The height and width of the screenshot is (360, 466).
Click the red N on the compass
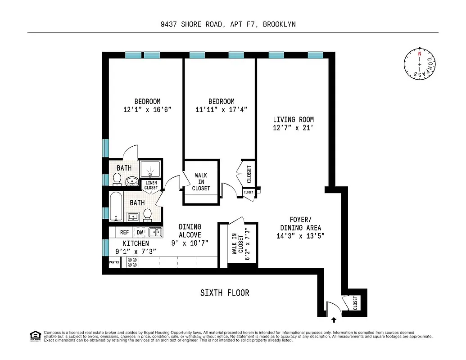click(x=420, y=54)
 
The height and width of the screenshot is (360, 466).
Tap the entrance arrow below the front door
click(x=333, y=320)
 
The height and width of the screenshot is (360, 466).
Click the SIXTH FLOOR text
click(x=225, y=293)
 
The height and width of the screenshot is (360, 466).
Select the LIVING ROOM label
click(x=293, y=120)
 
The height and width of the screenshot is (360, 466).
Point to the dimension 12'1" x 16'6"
click(x=147, y=109)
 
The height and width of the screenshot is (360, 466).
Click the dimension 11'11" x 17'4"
click(x=221, y=109)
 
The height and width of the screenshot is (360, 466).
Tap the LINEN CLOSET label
click(x=151, y=185)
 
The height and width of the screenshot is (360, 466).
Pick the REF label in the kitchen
click(x=125, y=233)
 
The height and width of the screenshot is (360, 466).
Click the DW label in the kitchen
click(x=140, y=233)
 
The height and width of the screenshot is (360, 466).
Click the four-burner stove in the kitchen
click(x=132, y=262)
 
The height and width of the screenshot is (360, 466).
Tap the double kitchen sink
click(x=155, y=232)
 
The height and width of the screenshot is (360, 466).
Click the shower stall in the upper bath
click(x=150, y=169)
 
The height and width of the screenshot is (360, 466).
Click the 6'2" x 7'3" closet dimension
click(x=246, y=244)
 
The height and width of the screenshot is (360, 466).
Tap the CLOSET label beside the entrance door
click(x=355, y=302)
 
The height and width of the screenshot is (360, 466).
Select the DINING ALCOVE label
click(x=190, y=231)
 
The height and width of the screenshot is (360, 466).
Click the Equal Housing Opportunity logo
click(x=34, y=335)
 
